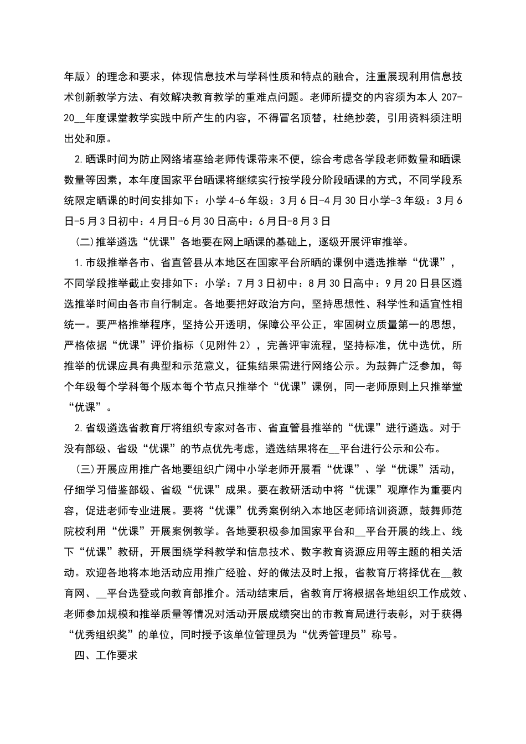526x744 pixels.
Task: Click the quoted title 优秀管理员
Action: point(337,635)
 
